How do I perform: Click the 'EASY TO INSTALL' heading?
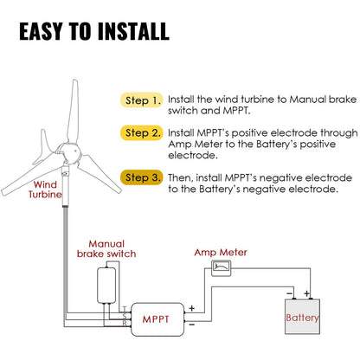coord(93,32)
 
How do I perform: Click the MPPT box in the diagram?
coord(156,318)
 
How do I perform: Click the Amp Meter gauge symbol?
coord(222,268)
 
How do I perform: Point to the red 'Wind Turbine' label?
coord(48,190)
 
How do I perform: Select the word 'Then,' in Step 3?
coord(183,177)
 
